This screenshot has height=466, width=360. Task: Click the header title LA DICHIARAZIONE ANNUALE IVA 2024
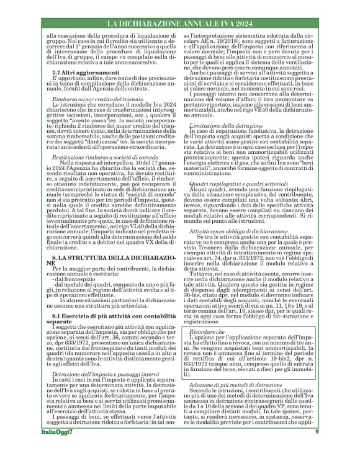[x=180, y=24]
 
